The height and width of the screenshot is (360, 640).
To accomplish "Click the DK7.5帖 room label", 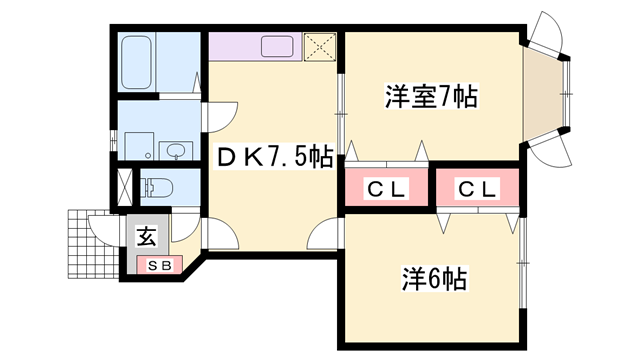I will pos(275,157).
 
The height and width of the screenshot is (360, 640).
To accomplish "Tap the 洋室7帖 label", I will pos(430,97).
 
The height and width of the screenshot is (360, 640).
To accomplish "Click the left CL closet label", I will pos(386,188).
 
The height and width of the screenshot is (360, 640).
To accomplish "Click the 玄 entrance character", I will pos(146,238).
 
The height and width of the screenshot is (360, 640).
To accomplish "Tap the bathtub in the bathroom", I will pos(135,63).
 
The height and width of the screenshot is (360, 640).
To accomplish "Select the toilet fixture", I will pos(157,186).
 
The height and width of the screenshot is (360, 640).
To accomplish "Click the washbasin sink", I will pos(176,151).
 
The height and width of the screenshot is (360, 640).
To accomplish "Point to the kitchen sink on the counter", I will pos(277,46).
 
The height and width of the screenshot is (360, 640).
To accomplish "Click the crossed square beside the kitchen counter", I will pos(321,46).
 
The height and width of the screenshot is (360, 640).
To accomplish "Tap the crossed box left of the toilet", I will pos(125,187).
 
